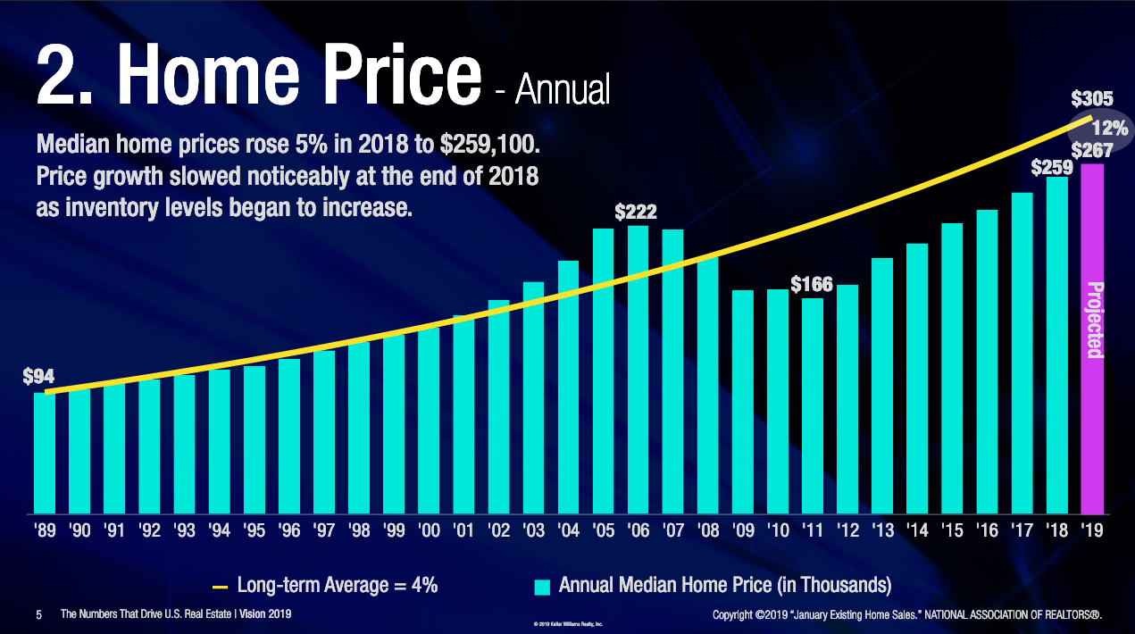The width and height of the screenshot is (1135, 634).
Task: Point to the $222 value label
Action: (636, 213)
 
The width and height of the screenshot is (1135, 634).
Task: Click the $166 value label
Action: (812, 285)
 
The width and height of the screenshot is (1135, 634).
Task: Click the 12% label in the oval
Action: (1108, 129)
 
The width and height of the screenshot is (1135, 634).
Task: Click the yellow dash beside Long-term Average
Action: (221, 587)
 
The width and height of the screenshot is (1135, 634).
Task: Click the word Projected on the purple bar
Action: (1094, 320)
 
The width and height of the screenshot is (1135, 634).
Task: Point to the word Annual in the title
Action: (563, 89)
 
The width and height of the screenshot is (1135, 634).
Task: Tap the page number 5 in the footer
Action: (38, 614)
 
